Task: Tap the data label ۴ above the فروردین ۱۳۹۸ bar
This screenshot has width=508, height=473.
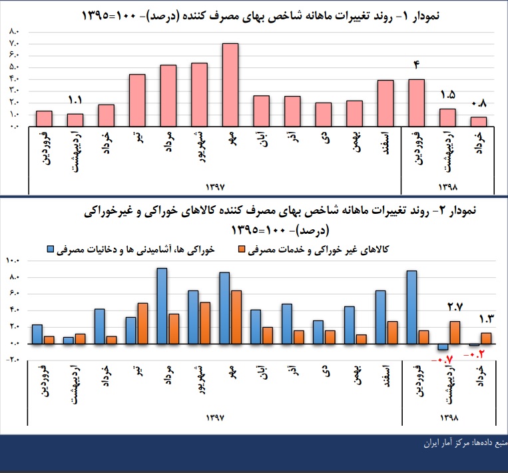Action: [417, 65]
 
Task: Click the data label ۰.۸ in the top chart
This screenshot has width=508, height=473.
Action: [479, 104]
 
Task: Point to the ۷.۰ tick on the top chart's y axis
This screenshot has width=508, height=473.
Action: [15, 43]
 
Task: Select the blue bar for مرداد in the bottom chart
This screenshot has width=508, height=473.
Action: [162, 305]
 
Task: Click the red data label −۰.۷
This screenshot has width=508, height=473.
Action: [441, 360]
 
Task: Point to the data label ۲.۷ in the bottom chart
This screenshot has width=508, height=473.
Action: [454, 307]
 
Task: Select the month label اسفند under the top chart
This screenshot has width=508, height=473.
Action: [386, 143]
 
